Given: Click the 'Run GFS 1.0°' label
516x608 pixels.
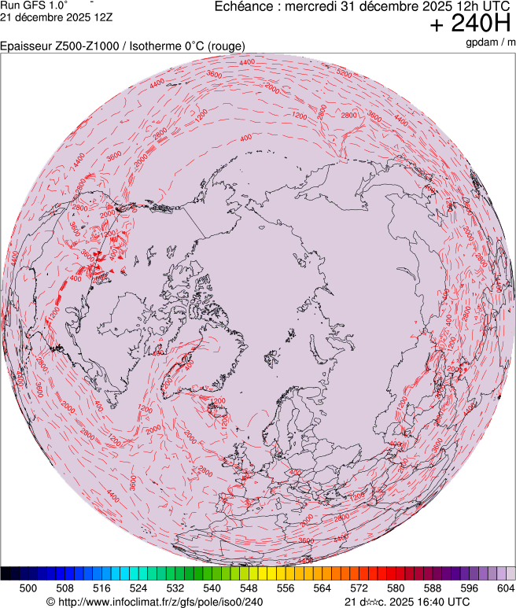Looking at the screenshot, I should click(34, 6).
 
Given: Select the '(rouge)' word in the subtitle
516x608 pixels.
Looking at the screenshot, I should click(227, 46).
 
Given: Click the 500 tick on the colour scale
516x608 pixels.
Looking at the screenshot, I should click(28, 588).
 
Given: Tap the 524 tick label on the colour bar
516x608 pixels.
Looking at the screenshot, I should click(138, 588).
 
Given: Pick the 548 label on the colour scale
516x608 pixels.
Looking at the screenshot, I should click(249, 588).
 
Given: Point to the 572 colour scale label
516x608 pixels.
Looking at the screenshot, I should click(359, 588).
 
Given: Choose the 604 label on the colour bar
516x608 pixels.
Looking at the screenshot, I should click(506, 588).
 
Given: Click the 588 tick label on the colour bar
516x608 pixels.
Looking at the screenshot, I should click(433, 588).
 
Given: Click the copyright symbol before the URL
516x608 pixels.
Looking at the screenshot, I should click(50, 602).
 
